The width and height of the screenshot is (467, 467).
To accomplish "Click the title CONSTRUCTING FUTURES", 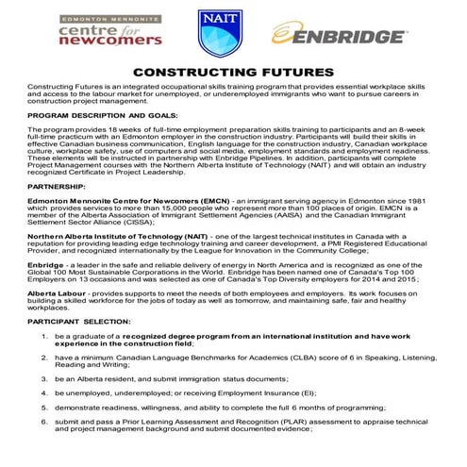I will [x=232, y=73].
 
